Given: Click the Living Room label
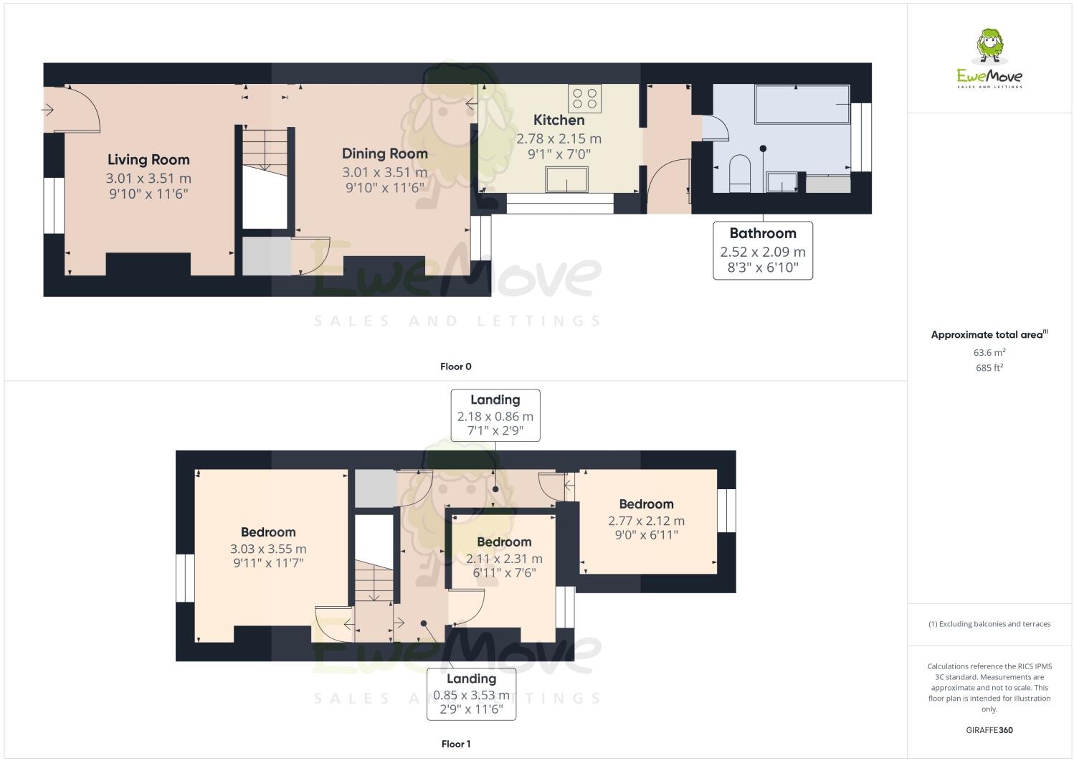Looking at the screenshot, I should click(148, 160).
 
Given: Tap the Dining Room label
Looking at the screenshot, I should click(384, 153).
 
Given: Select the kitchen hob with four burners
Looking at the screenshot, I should click(584, 97).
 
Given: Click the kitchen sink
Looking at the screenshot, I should click(566, 179).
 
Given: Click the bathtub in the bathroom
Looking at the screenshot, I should click(802, 105).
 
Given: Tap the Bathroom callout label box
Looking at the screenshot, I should click(763, 250).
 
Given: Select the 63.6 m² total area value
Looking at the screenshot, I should click(989, 352).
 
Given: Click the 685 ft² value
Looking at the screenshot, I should click(989, 368).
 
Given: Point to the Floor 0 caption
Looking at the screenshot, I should click(455, 367).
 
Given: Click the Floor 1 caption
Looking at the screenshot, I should click(455, 744).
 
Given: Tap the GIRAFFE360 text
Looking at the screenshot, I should click(989, 730).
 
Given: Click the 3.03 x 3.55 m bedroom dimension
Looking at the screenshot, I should click(268, 549).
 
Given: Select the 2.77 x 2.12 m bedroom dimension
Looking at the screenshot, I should click(646, 521).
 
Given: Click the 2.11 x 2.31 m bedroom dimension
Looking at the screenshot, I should click(504, 559).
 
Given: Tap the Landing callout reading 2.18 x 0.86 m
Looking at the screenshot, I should click(495, 415).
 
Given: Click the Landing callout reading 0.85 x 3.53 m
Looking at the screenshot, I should click(471, 694).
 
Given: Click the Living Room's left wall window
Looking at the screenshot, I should click(53, 205).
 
